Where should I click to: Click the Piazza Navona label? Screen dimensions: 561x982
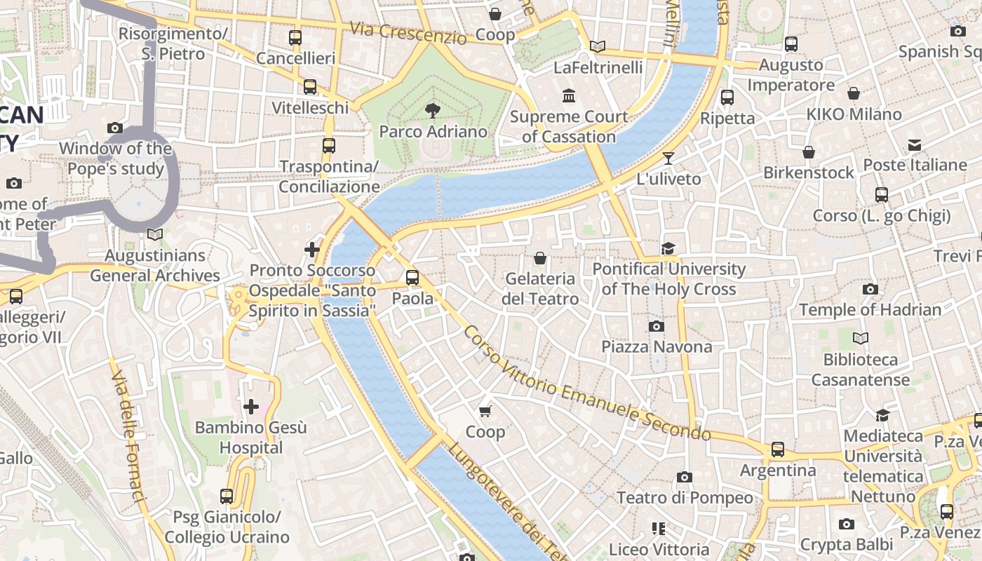coord(657,346)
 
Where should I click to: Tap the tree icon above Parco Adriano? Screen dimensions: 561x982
coord(433,109)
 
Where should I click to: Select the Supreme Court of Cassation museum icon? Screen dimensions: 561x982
coord(569,95)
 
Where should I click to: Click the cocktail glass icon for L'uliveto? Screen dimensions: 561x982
coord(668,158)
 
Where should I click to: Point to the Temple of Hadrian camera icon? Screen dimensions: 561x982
coord(870,289)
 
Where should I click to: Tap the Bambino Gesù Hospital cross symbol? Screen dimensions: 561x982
coord(250,406)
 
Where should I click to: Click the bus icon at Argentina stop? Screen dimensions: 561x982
coord(777,449)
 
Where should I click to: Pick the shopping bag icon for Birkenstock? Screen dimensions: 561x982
coord(809,151)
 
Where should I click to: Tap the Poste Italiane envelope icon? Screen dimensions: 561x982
coord(915,145)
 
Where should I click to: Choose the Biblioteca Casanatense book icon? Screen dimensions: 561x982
coord(860,339)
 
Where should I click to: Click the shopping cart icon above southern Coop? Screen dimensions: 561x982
coord(485,411)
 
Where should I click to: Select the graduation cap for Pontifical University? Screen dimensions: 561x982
coord(668,248)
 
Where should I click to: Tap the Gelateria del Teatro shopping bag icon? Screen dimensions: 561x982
coord(539,258)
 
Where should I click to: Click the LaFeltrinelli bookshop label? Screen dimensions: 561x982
coord(598,67)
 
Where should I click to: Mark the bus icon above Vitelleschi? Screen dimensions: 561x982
coord(309,87)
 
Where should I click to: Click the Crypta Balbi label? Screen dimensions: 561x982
coord(847,544)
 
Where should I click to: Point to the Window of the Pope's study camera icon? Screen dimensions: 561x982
coord(115,128)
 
